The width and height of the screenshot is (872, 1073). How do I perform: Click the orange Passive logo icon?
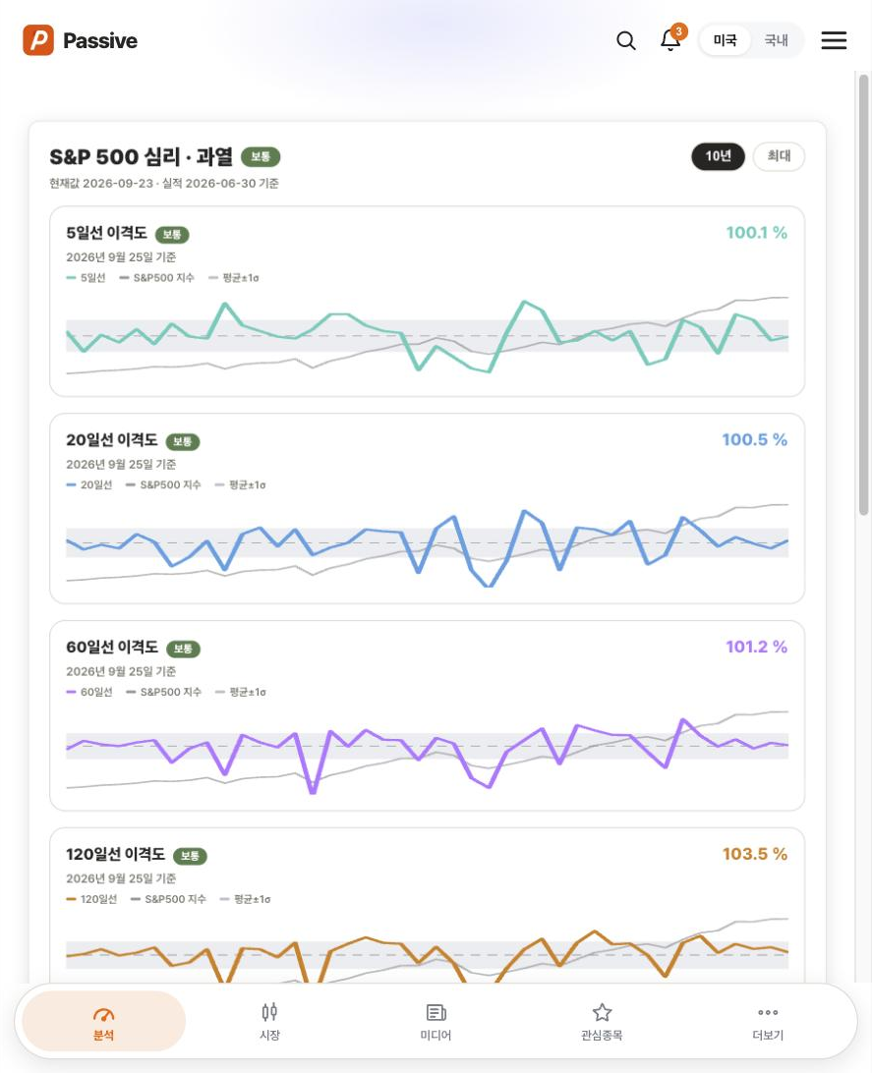(38, 40)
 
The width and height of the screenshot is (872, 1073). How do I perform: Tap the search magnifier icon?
(626, 41)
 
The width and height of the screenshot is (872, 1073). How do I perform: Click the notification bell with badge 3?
(671, 39)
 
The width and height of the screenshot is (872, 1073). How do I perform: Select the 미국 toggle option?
(725, 40)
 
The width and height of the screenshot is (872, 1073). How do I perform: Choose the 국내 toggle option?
(777, 40)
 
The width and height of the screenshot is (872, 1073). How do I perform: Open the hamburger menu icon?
(834, 40)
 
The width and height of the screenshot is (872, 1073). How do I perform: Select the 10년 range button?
(718, 156)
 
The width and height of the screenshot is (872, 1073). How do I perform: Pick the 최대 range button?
(779, 156)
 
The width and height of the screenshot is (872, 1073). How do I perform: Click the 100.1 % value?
(756, 233)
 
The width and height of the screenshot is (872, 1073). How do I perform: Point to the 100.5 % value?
(754, 440)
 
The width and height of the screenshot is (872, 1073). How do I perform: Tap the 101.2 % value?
(756, 647)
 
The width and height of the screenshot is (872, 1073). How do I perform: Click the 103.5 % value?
(755, 854)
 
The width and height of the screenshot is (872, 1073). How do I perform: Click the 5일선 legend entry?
(87, 278)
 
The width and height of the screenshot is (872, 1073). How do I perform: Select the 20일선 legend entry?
(89, 485)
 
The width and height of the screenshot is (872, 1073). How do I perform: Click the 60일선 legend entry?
(89, 693)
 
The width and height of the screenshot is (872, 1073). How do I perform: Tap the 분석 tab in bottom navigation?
(103, 1022)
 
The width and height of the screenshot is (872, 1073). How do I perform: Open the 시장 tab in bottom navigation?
(269, 1022)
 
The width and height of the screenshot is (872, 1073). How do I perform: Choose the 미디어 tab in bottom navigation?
(436, 1022)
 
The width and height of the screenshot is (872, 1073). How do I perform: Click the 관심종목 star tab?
(602, 1022)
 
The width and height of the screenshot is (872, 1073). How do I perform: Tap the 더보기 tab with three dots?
(768, 1022)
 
